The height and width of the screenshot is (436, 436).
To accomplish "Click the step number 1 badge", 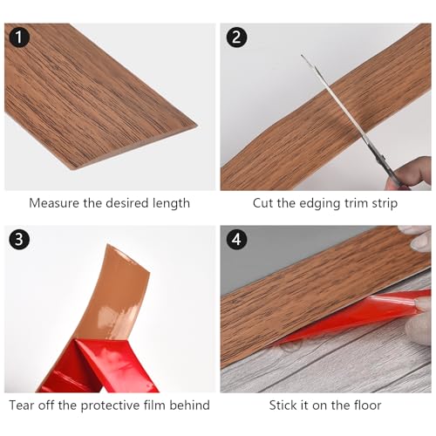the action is click(19, 37).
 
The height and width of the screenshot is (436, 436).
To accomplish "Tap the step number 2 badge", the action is click(236, 37).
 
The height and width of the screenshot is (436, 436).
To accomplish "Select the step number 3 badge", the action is click(19, 239).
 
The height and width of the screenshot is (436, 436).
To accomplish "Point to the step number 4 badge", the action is click(236, 239).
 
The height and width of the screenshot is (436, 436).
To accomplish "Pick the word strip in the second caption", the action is click(385, 204).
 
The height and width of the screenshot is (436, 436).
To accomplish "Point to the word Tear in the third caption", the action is click(22, 405).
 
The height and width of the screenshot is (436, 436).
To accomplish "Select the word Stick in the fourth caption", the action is click(283, 405).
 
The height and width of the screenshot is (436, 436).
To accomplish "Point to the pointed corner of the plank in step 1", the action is click(197, 126).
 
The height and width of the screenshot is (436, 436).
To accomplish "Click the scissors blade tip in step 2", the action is click(303, 56).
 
